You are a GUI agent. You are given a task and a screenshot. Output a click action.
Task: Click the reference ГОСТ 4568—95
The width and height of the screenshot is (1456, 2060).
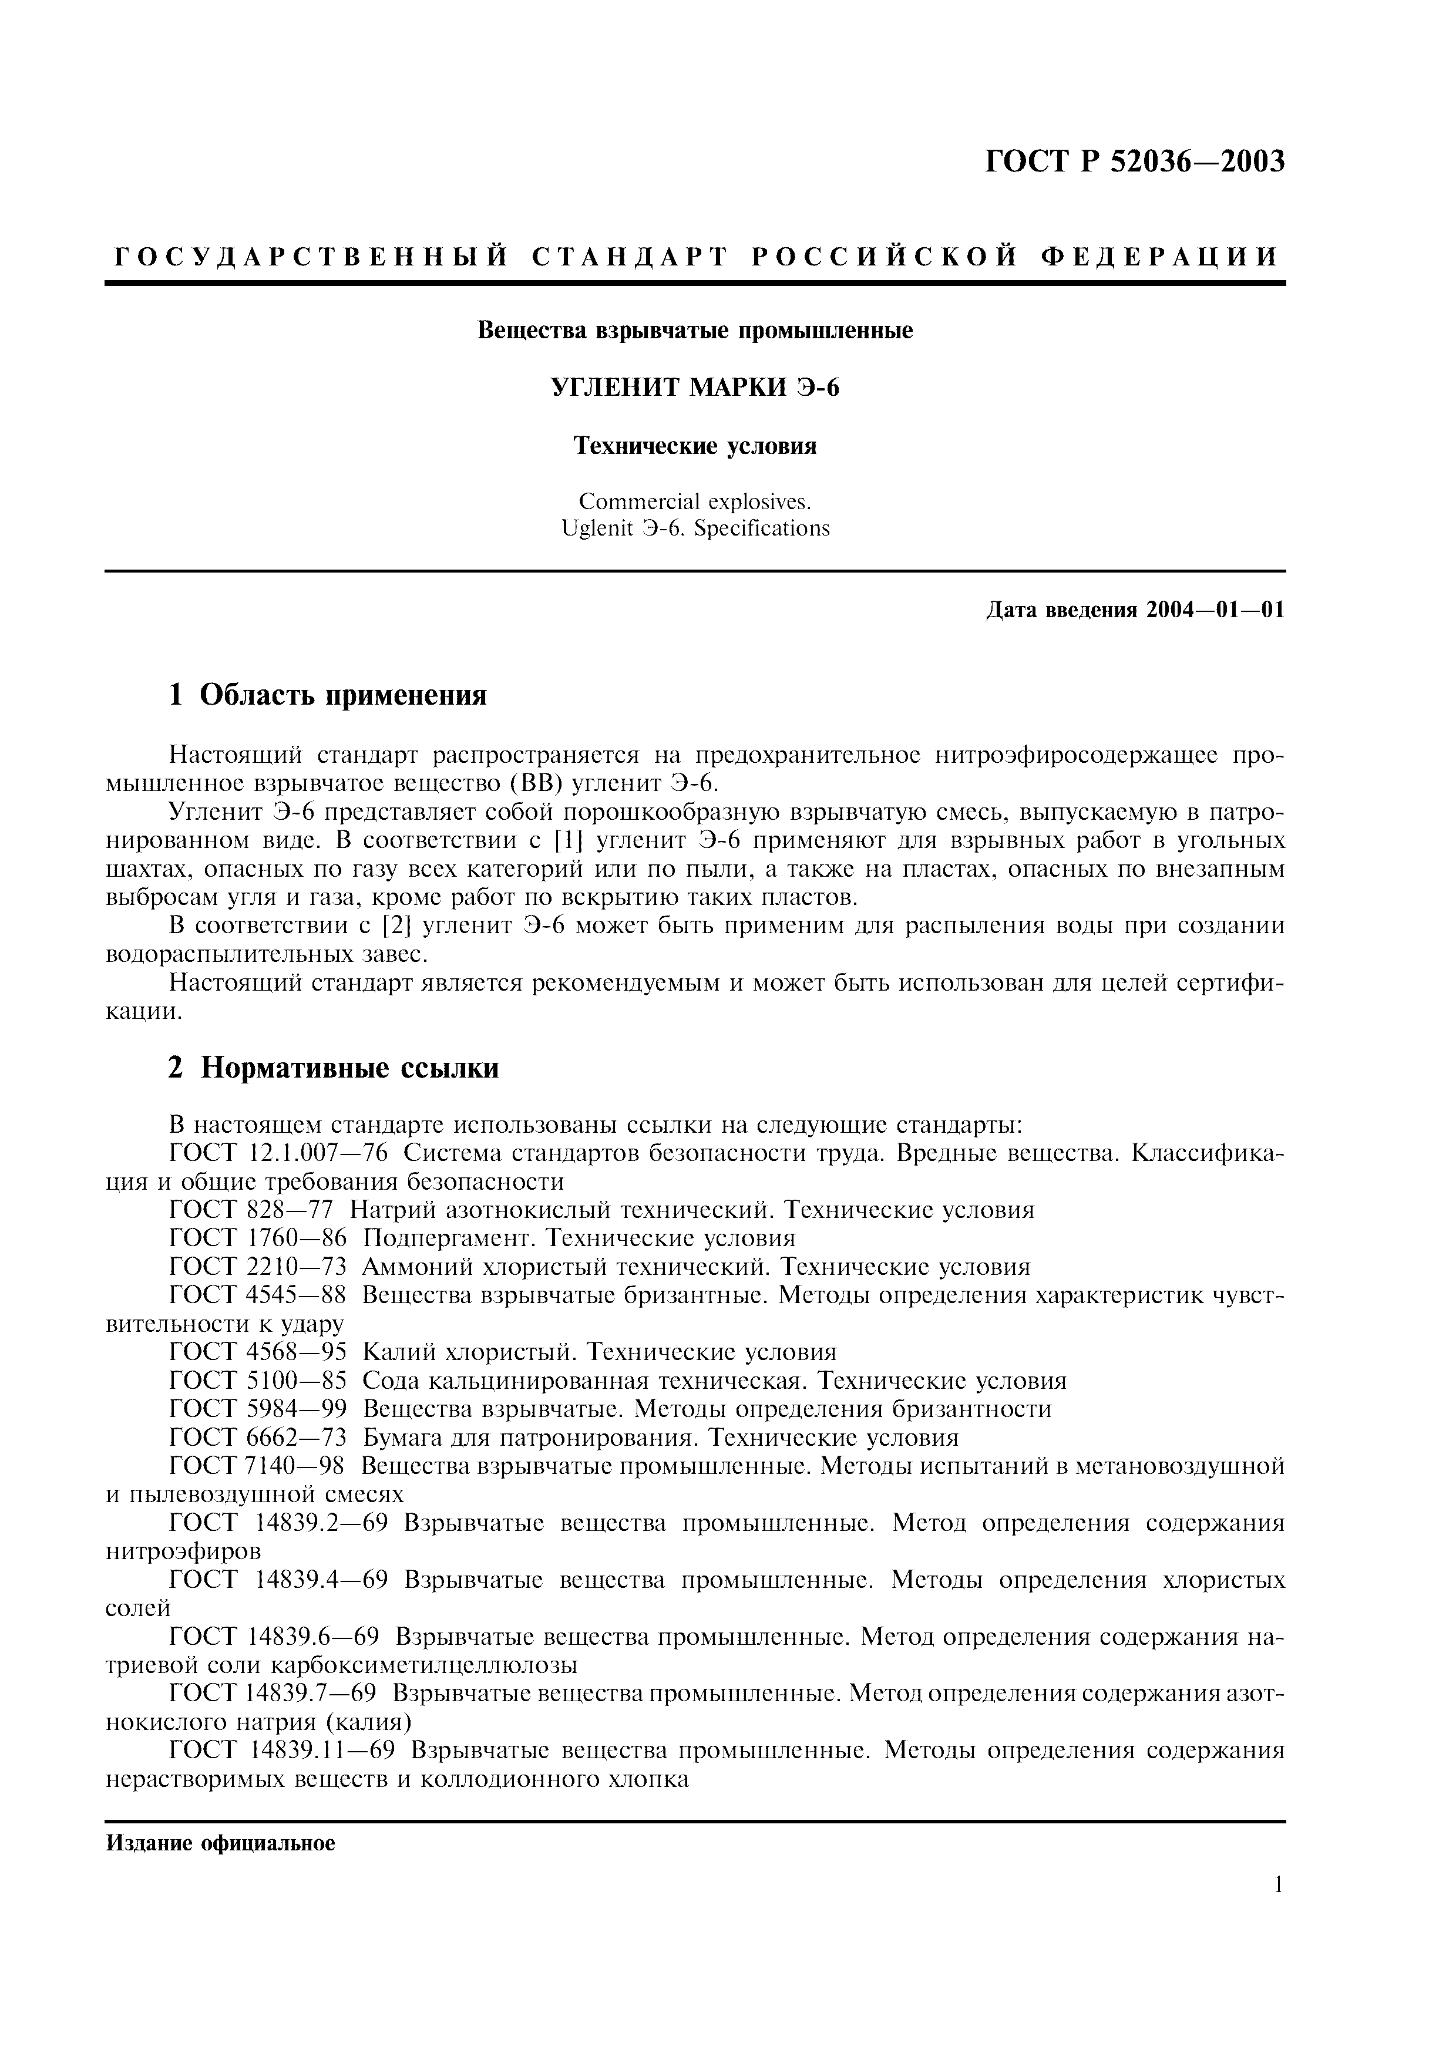tap(257, 1352)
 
